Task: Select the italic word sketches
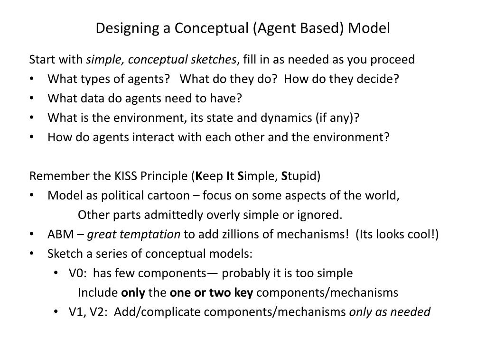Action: coord(213,60)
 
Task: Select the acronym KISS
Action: coord(124,176)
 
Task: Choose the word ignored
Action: coord(323,215)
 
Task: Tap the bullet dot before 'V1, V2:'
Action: coord(57,312)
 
